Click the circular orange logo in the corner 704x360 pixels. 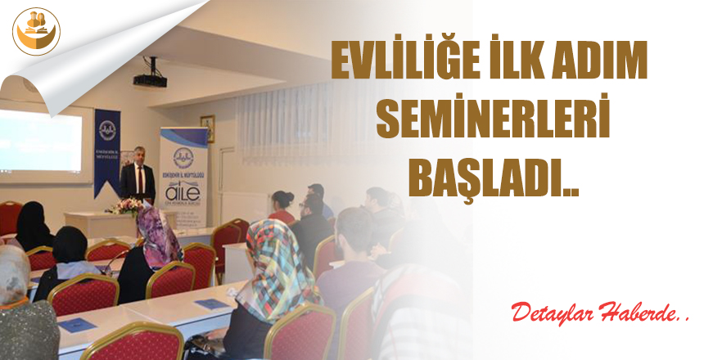[x=36, y=30]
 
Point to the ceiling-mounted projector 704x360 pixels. [x=149, y=77]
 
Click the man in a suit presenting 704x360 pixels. [x=137, y=176]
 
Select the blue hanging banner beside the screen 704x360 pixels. [x=106, y=151]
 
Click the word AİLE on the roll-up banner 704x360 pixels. [x=183, y=191]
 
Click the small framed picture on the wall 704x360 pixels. [x=207, y=128]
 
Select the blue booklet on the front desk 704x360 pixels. [x=212, y=304]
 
